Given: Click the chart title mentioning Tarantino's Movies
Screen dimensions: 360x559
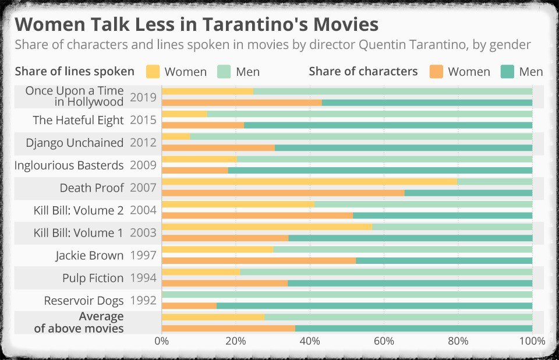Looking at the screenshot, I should point(196,24).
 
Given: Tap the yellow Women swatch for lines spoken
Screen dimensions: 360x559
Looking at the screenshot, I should point(153,72).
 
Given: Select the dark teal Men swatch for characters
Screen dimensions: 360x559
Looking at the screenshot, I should point(507,72).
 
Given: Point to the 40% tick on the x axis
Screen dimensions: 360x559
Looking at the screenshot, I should point(310,341).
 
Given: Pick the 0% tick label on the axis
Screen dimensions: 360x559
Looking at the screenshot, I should point(162,341).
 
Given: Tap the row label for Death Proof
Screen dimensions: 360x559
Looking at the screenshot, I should point(91,188).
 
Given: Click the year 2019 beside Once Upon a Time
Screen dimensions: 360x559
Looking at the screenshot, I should point(143,97).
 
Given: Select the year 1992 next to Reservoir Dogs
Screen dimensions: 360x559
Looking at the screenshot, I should point(143,301).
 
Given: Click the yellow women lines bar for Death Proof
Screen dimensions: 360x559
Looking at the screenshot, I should point(309,182).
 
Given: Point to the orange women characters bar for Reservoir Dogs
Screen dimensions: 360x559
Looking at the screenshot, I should point(189,306).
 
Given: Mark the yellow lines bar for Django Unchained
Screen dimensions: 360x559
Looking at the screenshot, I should point(176,136).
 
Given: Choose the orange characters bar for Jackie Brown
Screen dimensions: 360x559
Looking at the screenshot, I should point(259,260).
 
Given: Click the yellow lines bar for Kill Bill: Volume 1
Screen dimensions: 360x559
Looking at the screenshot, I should point(267,227).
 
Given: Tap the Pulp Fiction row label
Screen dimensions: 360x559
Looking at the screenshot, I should point(93,278).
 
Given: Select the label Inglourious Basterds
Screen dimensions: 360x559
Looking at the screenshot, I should point(69,165).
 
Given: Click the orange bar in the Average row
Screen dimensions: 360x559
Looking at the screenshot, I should point(228,329).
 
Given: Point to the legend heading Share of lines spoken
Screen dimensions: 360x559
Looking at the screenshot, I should point(75,72).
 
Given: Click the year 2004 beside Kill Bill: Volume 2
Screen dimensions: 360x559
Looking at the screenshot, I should point(143,210).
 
